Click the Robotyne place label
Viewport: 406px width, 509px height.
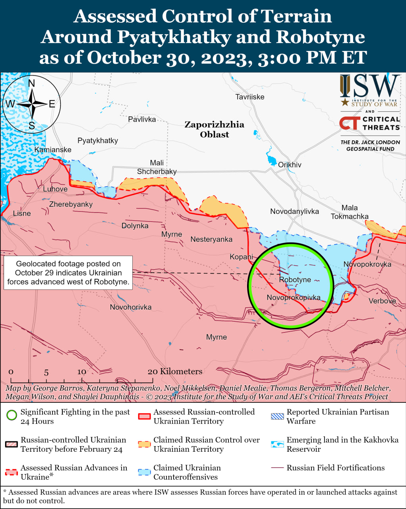click(x=295, y=280)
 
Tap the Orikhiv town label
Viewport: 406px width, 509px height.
click(x=290, y=165)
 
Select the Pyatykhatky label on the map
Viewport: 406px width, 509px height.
click(x=98, y=140)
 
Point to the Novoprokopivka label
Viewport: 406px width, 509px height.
click(x=293, y=297)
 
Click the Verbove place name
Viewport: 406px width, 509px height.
click(x=382, y=301)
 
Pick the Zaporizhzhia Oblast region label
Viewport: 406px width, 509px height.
click(x=214, y=129)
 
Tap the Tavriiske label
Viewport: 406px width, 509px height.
click(x=249, y=97)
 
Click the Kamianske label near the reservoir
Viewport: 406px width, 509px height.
click(x=53, y=150)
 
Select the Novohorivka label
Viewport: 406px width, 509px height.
click(x=131, y=307)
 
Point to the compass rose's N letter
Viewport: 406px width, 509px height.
click(x=31, y=83)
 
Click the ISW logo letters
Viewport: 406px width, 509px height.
click(x=369, y=86)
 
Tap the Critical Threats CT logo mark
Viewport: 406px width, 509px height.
click(x=350, y=123)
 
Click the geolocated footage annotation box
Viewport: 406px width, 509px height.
click(x=68, y=273)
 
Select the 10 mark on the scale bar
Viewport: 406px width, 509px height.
click(x=81, y=371)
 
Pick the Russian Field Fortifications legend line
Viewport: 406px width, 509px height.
click(x=277, y=468)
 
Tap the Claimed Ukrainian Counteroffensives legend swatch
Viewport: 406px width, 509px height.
click(x=144, y=472)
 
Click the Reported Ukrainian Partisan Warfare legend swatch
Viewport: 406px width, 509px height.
click(x=277, y=416)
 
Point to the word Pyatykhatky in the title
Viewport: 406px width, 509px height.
click(x=174, y=37)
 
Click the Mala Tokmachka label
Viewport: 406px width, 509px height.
click(x=350, y=212)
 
